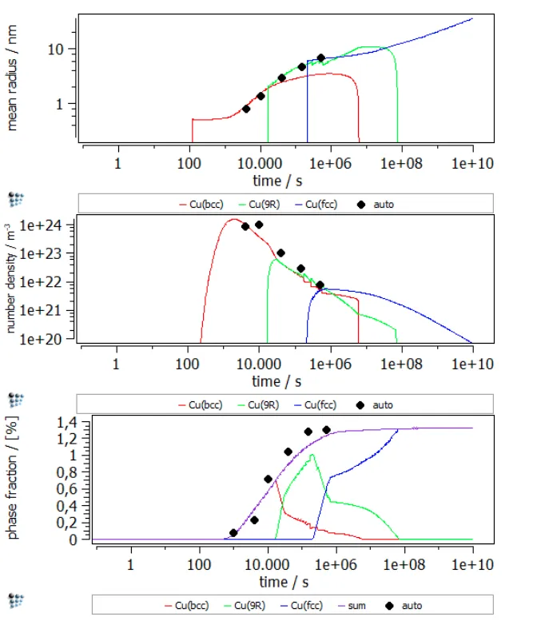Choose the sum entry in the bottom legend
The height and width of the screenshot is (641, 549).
(x=356, y=605)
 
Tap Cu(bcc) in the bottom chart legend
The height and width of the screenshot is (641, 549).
(x=193, y=605)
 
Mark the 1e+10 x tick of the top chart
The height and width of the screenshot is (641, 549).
(x=473, y=162)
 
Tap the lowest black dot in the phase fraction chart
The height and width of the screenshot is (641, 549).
(x=233, y=532)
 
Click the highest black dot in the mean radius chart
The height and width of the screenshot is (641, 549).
(x=321, y=58)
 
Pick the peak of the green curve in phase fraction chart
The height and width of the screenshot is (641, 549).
(x=312, y=455)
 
